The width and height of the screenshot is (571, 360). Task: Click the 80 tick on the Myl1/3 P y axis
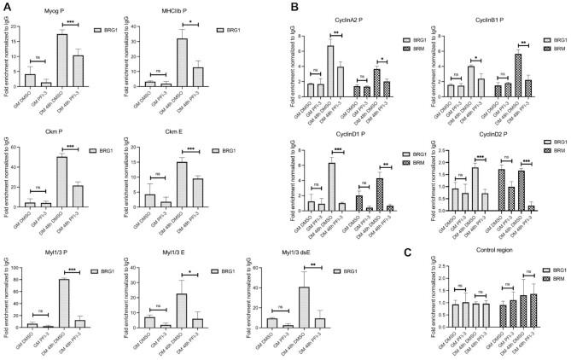click(22, 279)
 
